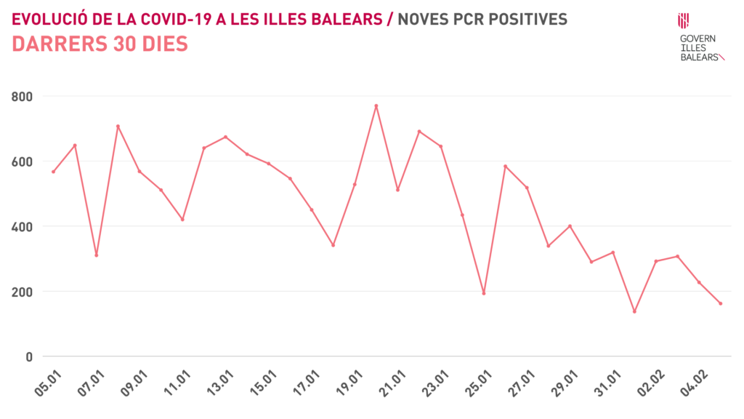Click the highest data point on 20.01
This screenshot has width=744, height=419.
(x=376, y=105)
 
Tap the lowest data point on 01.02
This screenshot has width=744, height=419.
(x=634, y=311)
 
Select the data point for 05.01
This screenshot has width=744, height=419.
(x=53, y=172)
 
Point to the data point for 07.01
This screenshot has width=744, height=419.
(x=96, y=255)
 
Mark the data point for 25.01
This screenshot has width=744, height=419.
(x=484, y=293)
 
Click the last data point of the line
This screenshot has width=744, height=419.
(x=721, y=303)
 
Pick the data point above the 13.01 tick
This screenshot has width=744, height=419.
(x=225, y=137)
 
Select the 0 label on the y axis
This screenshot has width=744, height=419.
(x=30, y=356)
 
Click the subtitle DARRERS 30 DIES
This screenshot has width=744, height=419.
(x=100, y=44)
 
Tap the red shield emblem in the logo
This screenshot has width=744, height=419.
(x=683, y=21)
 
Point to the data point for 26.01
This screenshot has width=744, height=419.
(x=506, y=166)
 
